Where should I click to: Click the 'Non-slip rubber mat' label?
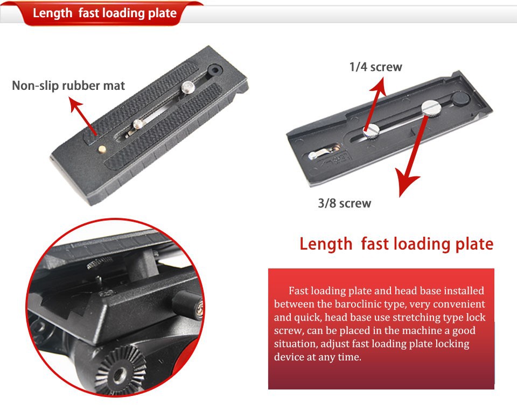click(68, 86)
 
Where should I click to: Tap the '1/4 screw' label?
click(376, 67)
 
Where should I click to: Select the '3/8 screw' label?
click(345, 203)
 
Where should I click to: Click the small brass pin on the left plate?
click(102, 149)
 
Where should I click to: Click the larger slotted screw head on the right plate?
click(431, 108)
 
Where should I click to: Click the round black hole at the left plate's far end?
click(215, 70)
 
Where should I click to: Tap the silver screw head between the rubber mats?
click(187, 87)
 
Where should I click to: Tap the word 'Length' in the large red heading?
click(326, 244)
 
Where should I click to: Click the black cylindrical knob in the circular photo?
click(187, 304)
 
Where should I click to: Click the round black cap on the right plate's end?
click(460, 98)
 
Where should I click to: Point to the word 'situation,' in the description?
click(296, 344)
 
